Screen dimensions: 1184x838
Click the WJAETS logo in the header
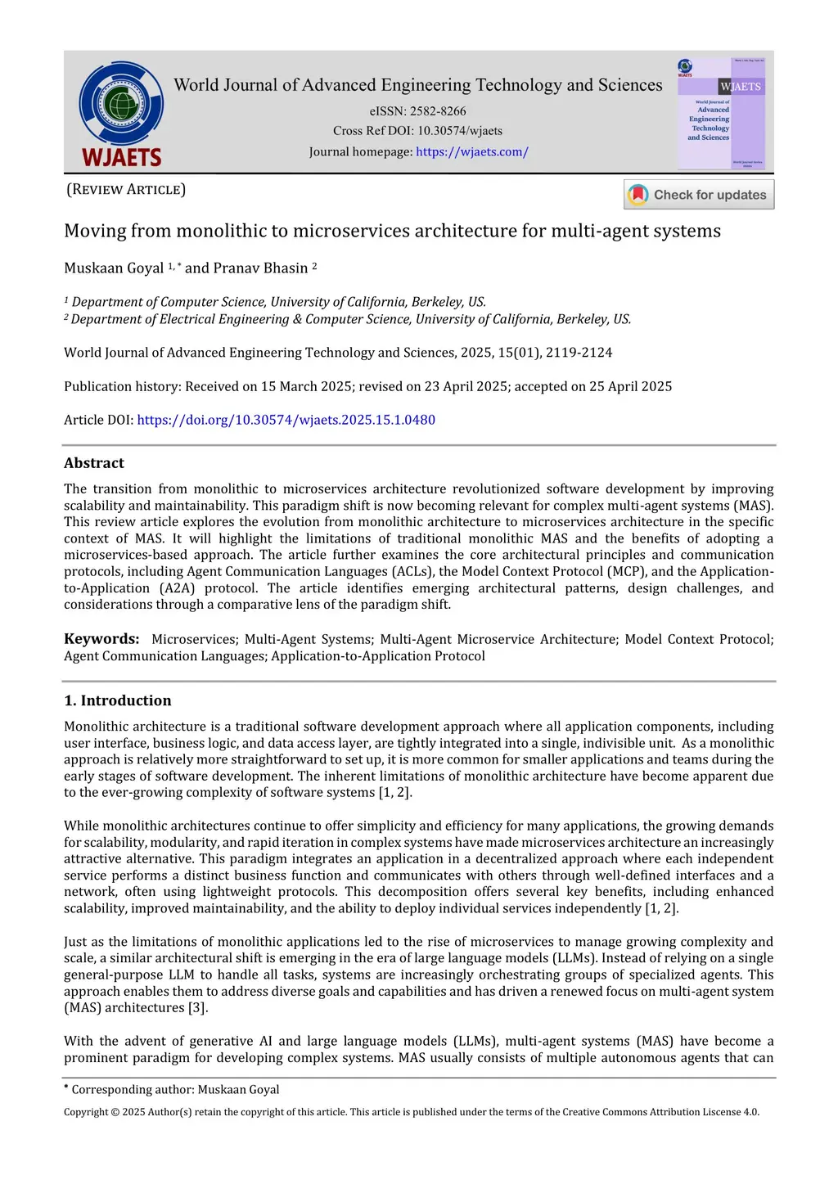click(x=121, y=114)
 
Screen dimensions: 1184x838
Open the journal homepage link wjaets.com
click(x=471, y=151)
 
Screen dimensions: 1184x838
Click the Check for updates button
click(x=699, y=195)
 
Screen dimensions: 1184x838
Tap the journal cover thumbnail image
click(x=721, y=111)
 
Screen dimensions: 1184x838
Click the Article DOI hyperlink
click(x=286, y=420)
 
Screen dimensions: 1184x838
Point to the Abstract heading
click(x=94, y=463)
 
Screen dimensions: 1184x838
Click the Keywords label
click(x=101, y=639)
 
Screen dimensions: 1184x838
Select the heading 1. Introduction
click(x=118, y=700)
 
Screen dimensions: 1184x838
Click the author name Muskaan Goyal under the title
click(x=114, y=268)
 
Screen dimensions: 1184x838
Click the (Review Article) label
click(x=126, y=190)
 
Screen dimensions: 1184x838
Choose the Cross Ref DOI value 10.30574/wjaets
click(x=460, y=131)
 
